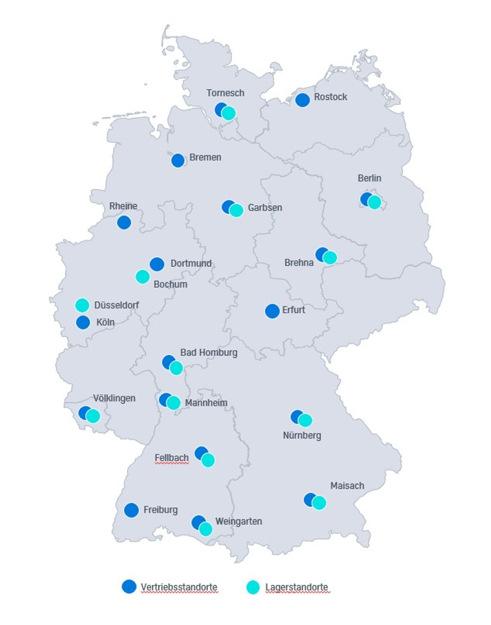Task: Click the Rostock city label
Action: [x=330, y=97]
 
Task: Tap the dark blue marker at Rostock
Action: [x=302, y=100]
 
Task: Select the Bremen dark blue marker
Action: [x=178, y=160]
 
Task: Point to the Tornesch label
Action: [x=225, y=93]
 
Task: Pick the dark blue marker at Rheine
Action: [x=124, y=223]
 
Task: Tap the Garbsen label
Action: [x=265, y=208]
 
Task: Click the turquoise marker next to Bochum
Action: [x=142, y=277]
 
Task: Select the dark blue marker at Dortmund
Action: [x=157, y=264]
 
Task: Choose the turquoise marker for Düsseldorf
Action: [x=82, y=305]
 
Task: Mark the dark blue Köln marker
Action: [x=83, y=322]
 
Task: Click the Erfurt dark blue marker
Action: [x=272, y=311]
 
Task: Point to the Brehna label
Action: [x=299, y=263]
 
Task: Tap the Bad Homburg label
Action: [x=209, y=353]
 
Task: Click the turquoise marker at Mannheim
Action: [x=174, y=403]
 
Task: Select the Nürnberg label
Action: [x=302, y=435]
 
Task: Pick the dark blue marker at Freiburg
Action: [x=131, y=510]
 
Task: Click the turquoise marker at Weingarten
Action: [x=206, y=529]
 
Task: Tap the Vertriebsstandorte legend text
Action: [x=179, y=587]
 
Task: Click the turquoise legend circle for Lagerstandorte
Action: [x=252, y=587]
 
